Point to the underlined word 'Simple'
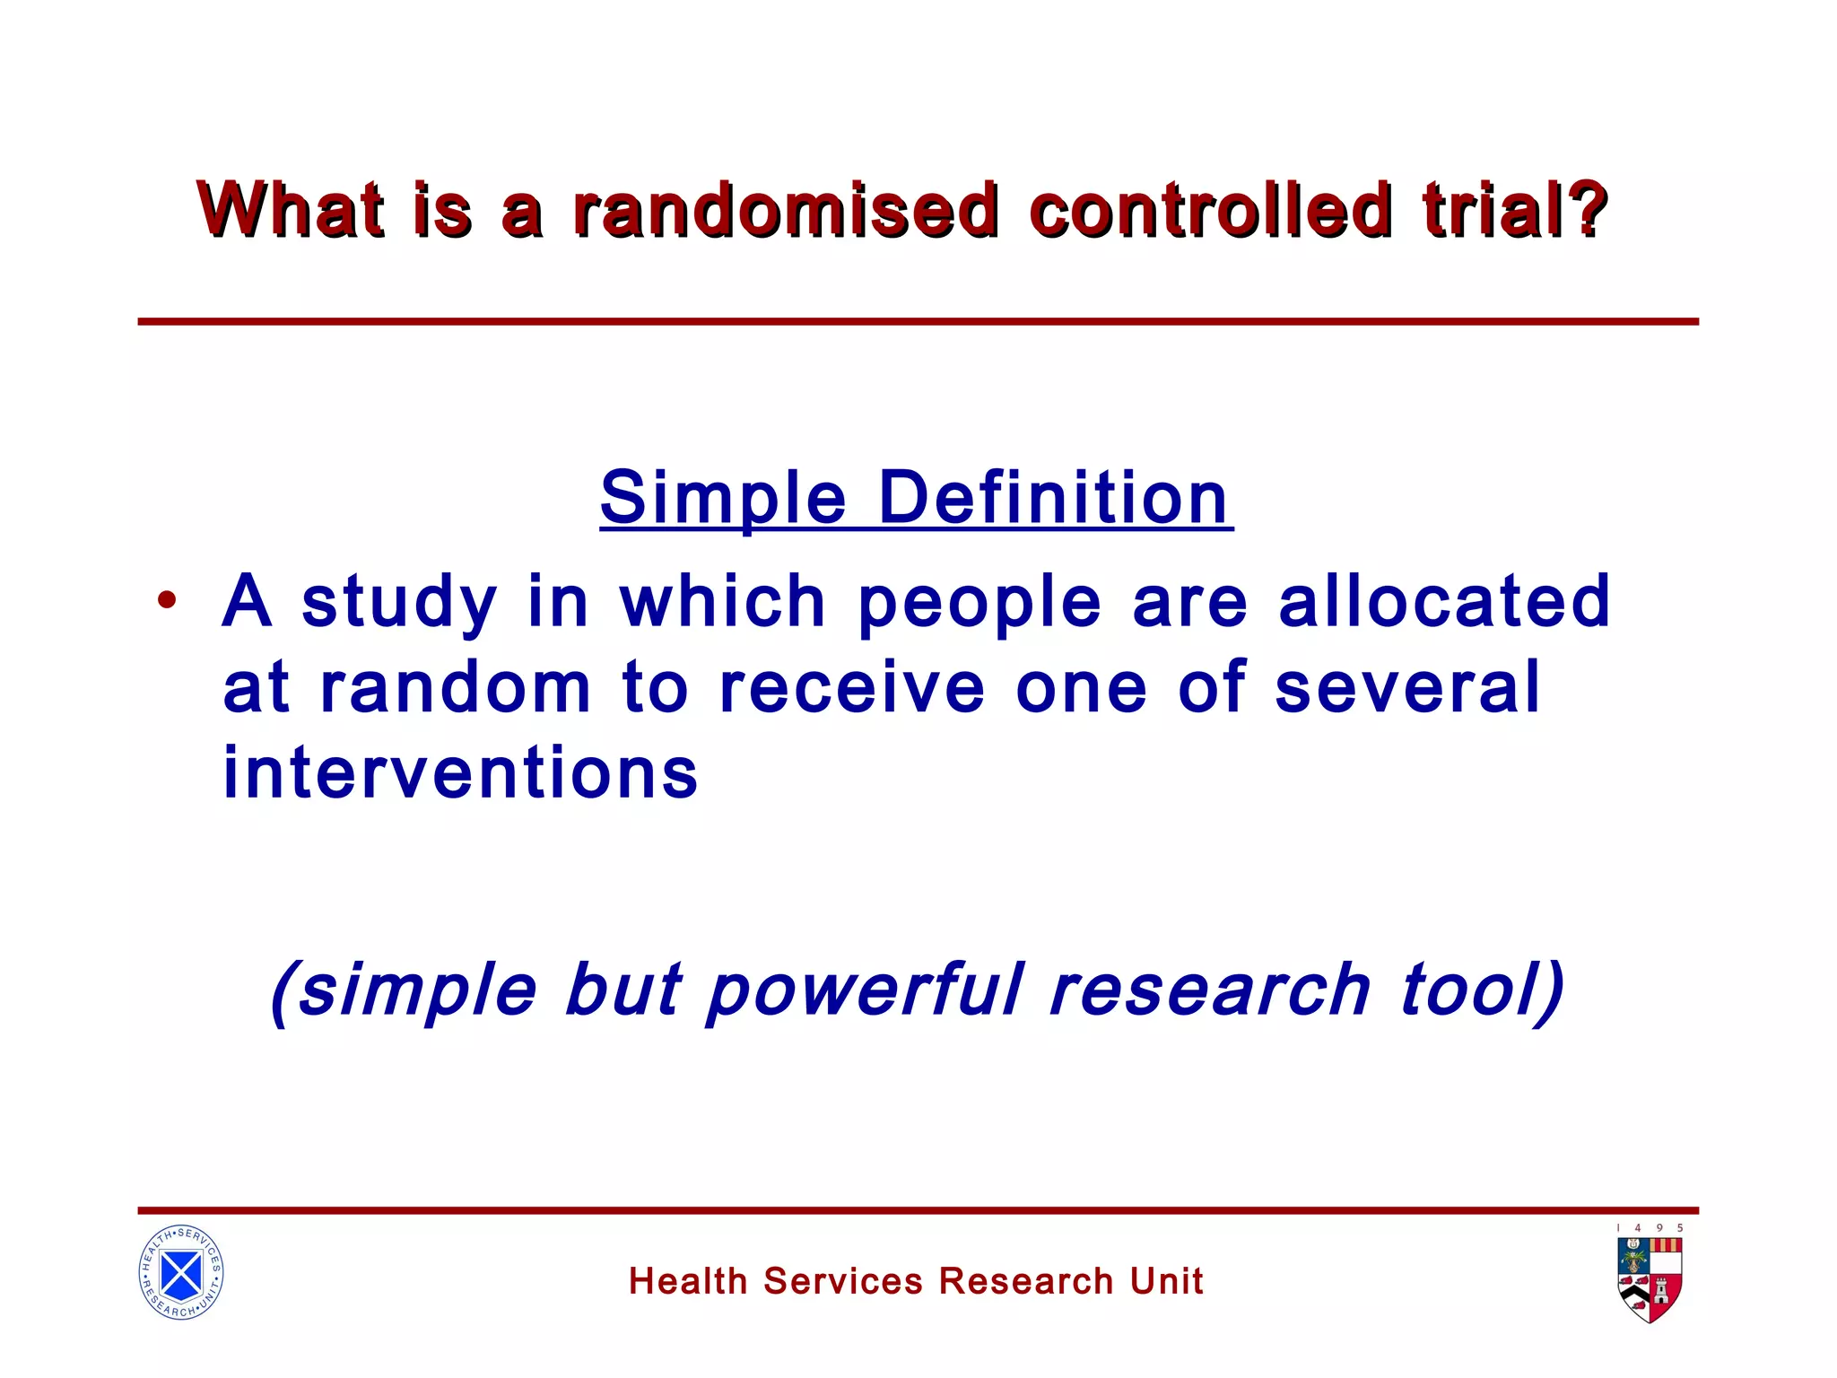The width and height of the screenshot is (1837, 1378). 723,499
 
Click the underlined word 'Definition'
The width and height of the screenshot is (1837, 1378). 1053,499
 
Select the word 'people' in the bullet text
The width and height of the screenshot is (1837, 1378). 979,603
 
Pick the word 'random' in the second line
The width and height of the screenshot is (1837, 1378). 456,687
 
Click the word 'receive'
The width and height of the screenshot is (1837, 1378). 852,687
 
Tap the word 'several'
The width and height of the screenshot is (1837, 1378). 1407,687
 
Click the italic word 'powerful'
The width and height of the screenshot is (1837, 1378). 865,990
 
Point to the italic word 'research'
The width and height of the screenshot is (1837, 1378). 1209,990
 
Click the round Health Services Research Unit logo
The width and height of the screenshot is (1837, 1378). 181,1272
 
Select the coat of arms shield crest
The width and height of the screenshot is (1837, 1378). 1650,1279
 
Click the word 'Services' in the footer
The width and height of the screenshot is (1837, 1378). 842,1281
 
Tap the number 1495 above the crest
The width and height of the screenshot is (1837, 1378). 1650,1228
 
